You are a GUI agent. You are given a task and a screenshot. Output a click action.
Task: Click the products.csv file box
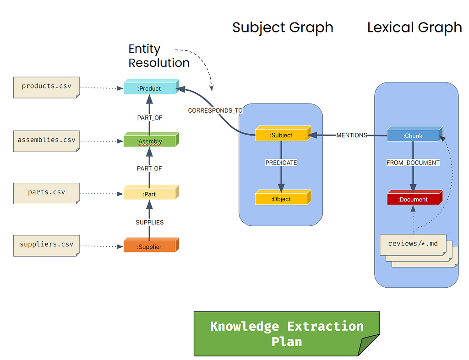(x=46, y=87)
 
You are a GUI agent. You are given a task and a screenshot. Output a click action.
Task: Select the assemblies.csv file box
(x=46, y=141)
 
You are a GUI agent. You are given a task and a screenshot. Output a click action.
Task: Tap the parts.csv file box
(x=46, y=193)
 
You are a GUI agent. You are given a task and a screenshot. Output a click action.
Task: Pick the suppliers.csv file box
(x=46, y=246)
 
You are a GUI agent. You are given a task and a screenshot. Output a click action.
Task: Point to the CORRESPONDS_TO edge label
(x=215, y=111)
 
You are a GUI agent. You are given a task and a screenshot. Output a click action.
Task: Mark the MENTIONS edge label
(x=352, y=135)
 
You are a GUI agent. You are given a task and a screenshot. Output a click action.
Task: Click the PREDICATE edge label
(x=281, y=163)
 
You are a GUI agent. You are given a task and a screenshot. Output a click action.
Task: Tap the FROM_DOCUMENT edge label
(x=413, y=163)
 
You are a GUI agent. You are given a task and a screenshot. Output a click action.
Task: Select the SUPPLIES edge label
(x=150, y=223)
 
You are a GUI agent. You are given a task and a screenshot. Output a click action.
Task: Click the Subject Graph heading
(x=283, y=27)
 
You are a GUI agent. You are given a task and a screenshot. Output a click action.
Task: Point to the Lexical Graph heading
(x=414, y=27)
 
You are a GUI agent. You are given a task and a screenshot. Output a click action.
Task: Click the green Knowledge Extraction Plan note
(x=287, y=334)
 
